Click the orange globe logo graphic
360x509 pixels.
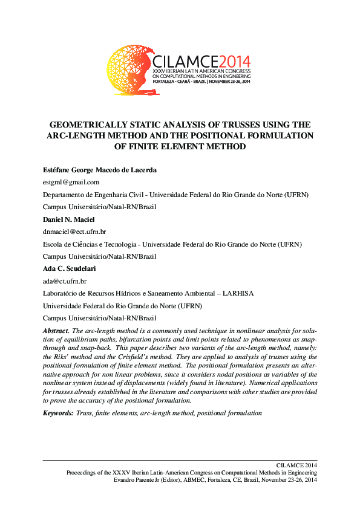coord(129,70)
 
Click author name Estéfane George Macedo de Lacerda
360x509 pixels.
coord(100,170)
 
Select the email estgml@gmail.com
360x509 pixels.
coord(71,181)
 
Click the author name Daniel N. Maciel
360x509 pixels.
coord(68,219)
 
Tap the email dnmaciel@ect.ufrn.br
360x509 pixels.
coord(74,231)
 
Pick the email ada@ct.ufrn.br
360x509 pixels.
coord(64,280)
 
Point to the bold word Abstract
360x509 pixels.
coord(56,331)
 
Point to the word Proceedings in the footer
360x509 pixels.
coord(83,472)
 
